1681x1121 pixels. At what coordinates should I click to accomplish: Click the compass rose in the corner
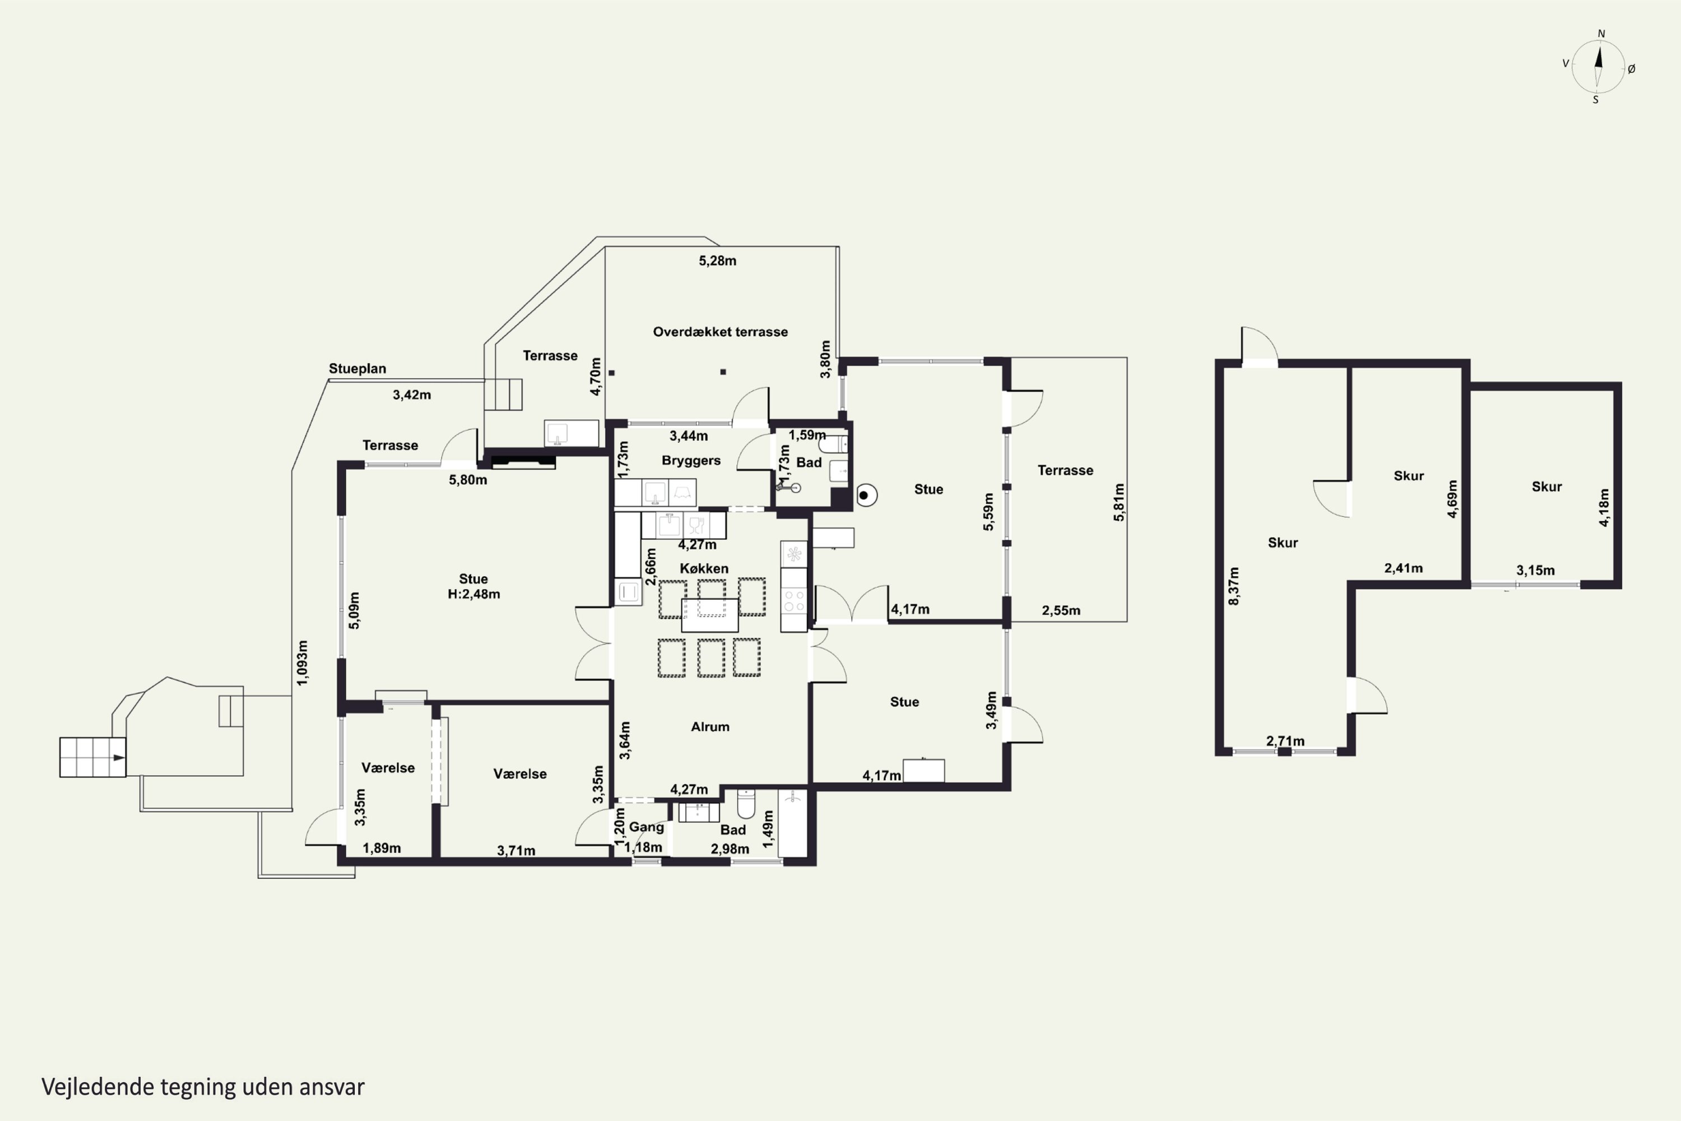click(1599, 67)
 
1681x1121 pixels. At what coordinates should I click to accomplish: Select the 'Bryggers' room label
click(691, 460)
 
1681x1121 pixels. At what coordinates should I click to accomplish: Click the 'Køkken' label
click(704, 568)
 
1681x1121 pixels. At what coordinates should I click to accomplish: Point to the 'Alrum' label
click(710, 726)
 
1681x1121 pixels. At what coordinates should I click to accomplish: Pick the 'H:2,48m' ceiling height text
click(474, 594)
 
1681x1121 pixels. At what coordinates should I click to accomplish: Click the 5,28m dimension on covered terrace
click(718, 261)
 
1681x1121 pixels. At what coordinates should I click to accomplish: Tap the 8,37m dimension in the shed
click(1234, 586)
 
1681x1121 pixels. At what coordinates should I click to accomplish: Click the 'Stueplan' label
click(357, 369)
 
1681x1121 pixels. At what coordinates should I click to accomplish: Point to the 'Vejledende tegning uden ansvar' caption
click(203, 1087)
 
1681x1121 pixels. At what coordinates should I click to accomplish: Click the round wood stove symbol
click(866, 495)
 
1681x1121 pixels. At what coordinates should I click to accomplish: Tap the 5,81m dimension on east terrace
click(1118, 503)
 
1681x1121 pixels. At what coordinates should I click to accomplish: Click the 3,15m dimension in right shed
click(1535, 571)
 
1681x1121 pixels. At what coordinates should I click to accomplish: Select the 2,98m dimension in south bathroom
click(730, 849)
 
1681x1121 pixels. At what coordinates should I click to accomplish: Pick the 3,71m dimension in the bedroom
click(516, 851)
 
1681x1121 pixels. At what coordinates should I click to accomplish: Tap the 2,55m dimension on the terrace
click(1061, 610)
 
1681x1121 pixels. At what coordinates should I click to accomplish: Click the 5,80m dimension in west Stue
click(468, 480)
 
